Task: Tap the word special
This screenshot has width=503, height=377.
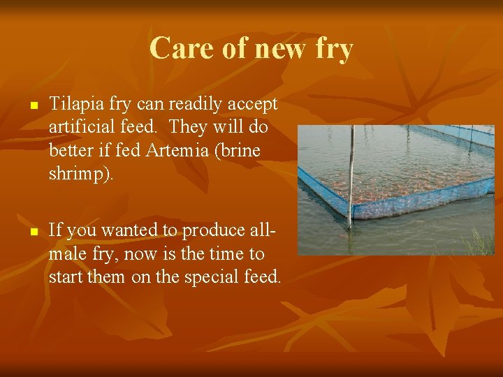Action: click(211, 278)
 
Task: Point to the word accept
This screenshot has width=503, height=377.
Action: click(254, 105)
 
